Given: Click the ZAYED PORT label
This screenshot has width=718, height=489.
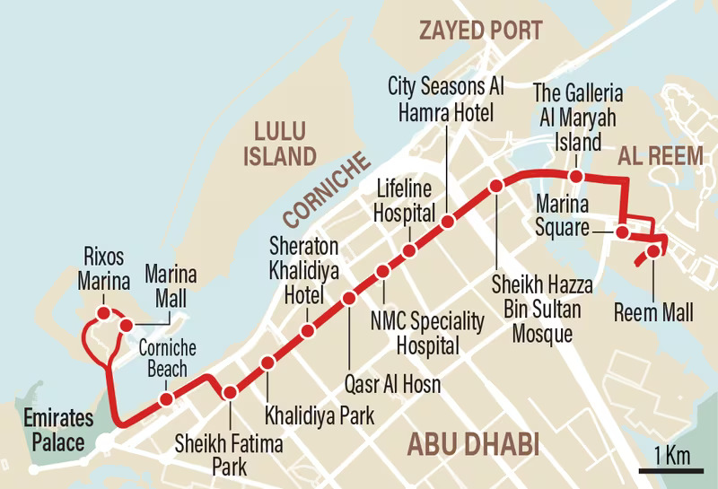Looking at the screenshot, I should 480,29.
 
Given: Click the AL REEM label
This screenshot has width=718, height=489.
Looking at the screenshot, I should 659,154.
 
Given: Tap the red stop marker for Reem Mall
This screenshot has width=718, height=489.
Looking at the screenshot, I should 653,250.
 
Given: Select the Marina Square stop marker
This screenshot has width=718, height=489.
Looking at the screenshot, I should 621,232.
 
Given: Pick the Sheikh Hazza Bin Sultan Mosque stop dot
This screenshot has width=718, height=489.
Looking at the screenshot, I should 495,186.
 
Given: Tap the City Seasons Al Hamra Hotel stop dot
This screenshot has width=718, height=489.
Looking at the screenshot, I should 447,221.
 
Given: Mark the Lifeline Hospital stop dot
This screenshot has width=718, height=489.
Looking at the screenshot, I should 408,250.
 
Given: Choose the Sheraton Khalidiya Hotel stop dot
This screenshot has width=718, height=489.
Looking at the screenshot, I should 308,331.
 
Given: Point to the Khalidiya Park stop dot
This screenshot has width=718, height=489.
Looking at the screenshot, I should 267,363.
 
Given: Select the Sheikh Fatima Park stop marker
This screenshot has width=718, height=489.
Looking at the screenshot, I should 230,392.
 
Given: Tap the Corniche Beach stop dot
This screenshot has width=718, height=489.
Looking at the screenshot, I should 166,398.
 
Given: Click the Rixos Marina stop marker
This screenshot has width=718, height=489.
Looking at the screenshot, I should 104,312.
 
